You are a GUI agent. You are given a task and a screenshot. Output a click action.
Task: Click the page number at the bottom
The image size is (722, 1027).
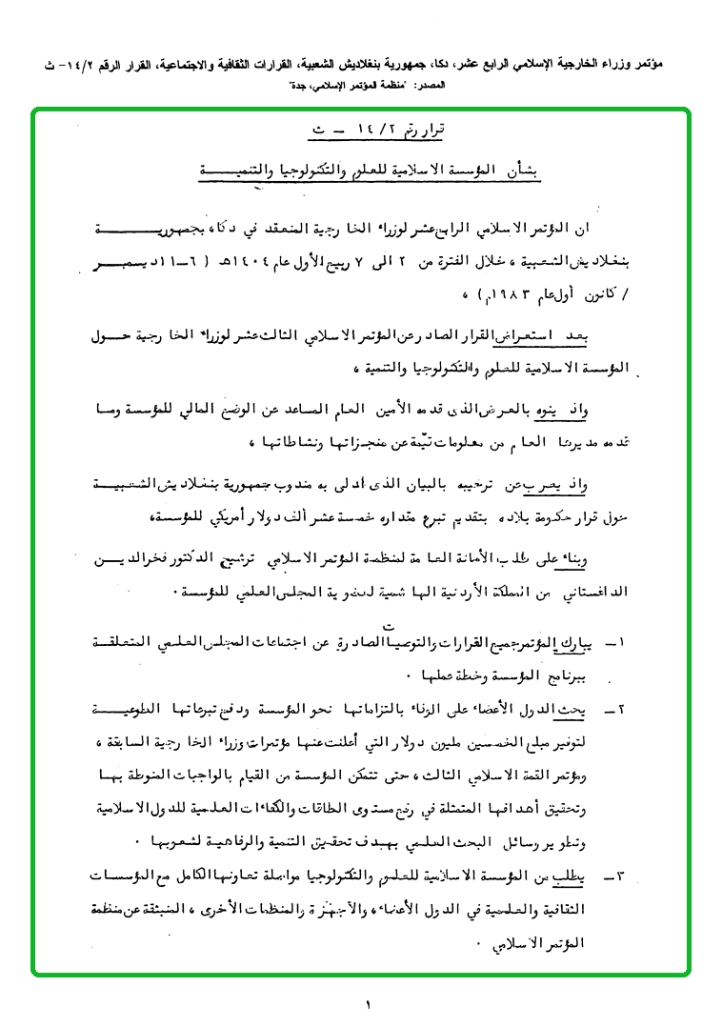[x=366, y=1003]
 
